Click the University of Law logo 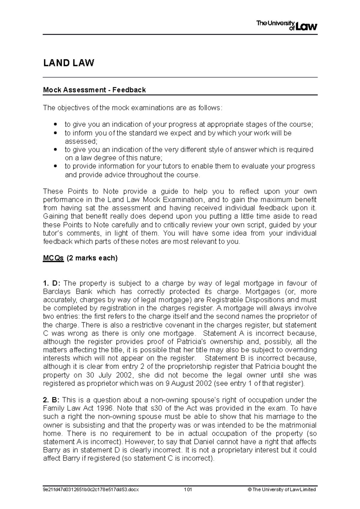286,26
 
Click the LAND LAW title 69,63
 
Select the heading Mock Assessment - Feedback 94,90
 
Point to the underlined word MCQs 53,258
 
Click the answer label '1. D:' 52,283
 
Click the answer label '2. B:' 52,400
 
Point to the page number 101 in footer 188,490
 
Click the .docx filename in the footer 91,490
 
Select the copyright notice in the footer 281,490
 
